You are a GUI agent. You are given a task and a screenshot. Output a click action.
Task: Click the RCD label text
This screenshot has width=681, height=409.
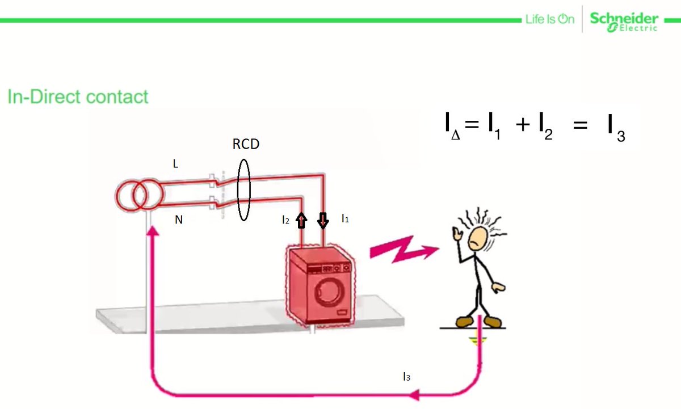click(x=246, y=144)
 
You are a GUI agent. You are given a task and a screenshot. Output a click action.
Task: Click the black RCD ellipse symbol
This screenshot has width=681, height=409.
click(x=244, y=190)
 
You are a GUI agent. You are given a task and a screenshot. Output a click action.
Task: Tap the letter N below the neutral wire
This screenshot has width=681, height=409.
click(x=178, y=220)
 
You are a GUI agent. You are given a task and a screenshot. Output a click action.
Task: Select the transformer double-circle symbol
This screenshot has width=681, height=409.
click(x=140, y=196)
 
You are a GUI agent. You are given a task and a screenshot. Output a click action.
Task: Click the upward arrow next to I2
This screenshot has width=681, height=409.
click(x=301, y=220)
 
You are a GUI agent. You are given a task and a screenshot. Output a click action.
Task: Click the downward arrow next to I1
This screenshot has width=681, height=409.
click(x=323, y=220)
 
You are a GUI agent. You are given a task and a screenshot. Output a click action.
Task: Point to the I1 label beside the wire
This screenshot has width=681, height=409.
click(x=344, y=218)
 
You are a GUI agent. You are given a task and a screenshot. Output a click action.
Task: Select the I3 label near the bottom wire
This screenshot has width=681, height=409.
click(x=406, y=376)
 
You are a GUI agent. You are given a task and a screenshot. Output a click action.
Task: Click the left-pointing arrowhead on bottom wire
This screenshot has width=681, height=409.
click(x=416, y=394)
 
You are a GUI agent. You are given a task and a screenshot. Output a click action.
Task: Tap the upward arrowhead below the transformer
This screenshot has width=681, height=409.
click(x=152, y=230)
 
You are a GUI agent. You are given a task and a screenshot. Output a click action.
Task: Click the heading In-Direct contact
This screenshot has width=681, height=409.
click(x=78, y=96)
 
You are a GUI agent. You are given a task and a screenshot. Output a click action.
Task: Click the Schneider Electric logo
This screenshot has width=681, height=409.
click(x=624, y=21)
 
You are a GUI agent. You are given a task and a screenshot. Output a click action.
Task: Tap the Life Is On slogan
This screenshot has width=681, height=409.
click(x=549, y=20)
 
